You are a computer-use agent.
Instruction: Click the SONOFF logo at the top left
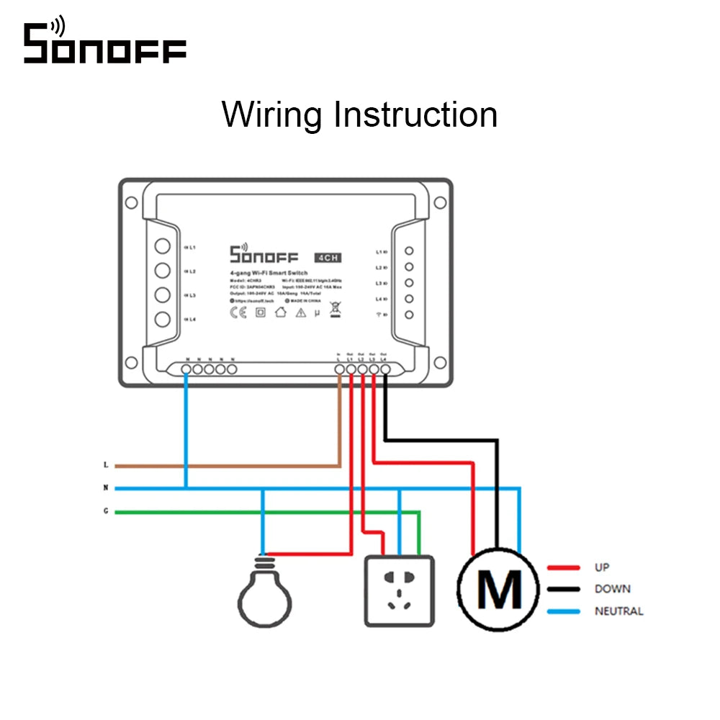[x=104, y=45]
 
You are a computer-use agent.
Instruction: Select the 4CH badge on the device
[x=328, y=257]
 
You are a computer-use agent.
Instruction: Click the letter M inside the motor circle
[x=500, y=590]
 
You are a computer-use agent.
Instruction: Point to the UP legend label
[x=602, y=567]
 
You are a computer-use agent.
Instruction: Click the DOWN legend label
[x=612, y=589]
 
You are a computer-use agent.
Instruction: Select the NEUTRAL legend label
[x=618, y=611]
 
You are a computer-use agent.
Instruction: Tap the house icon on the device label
[x=282, y=312]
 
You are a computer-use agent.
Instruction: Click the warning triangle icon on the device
[x=301, y=312]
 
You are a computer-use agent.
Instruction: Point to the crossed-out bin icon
[x=335, y=310]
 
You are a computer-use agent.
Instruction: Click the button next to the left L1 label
[x=162, y=246]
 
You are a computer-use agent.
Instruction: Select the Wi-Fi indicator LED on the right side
[x=409, y=315]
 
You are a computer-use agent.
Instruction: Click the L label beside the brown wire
[x=106, y=465]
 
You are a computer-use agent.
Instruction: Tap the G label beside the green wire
[x=106, y=511]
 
